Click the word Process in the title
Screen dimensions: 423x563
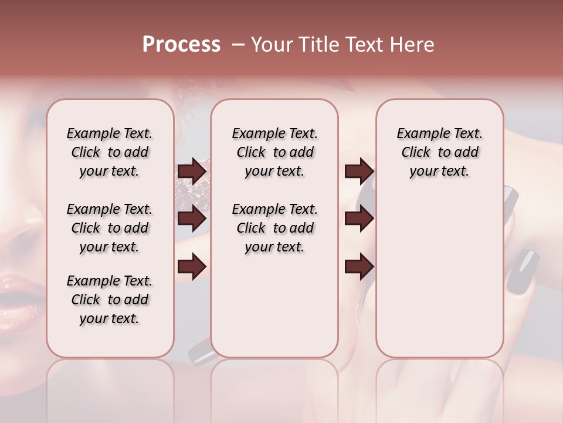click(181, 45)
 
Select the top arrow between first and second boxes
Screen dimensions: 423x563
click(192, 171)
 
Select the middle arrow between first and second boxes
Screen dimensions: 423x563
click(192, 219)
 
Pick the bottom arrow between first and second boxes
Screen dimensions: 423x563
click(192, 267)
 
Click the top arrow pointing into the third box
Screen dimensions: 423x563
click(359, 171)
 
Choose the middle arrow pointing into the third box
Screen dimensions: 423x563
click(359, 219)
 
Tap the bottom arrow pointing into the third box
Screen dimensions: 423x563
click(359, 267)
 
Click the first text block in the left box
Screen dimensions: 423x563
click(110, 152)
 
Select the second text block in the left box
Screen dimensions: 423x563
click(110, 228)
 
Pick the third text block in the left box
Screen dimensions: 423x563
click(110, 300)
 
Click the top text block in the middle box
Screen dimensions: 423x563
click(274, 152)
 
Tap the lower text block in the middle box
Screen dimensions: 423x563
click(274, 228)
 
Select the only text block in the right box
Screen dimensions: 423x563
click(439, 152)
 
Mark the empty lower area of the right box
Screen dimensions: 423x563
click(439, 282)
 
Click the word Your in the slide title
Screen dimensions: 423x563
click(272, 45)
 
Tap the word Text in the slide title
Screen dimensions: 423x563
click(363, 45)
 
